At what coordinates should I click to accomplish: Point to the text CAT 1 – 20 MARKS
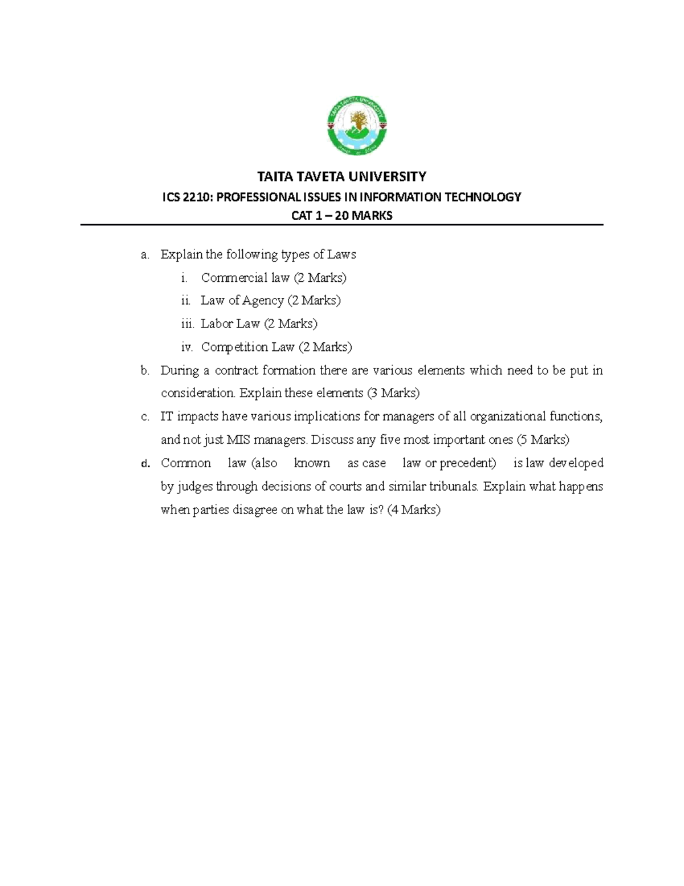pos(341,216)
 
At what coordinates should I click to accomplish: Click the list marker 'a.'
pos(145,254)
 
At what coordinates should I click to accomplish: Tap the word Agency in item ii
pos(263,301)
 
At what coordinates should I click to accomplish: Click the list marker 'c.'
pos(145,417)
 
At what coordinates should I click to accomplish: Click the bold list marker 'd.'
pos(145,464)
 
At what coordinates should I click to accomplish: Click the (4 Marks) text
pos(414,510)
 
